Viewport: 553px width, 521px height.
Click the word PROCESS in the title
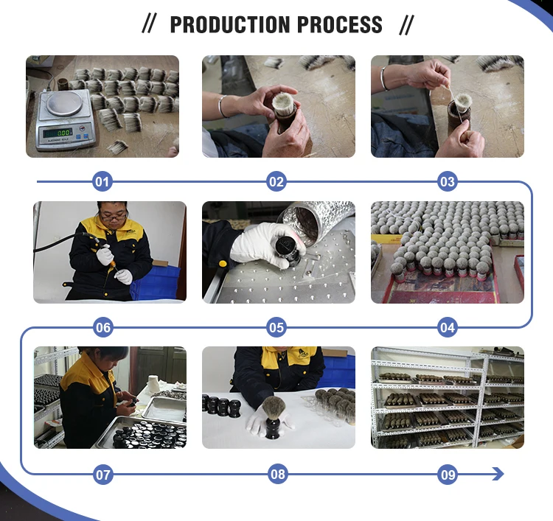pyautogui.click(x=340, y=24)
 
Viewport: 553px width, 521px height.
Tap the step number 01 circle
pyautogui.click(x=102, y=181)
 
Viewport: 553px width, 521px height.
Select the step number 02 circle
pyautogui.click(x=276, y=181)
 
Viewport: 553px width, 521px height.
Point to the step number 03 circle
pyautogui.click(x=448, y=181)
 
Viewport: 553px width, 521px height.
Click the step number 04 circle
pyautogui.click(x=448, y=327)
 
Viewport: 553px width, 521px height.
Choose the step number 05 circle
pyautogui.click(x=276, y=327)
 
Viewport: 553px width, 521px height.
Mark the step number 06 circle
pyautogui.click(x=102, y=327)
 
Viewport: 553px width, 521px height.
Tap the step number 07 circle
pyautogui.click(x=102, y=475)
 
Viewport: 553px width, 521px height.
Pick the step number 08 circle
pyautogui.click(x=277, y=474)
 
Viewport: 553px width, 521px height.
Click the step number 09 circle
pyautogui.click(x=448, y=475)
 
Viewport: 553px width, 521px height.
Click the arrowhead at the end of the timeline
pyautogui.click(x=498, y=474)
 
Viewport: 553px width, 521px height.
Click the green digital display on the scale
pyautogui.click(x=57, y=133)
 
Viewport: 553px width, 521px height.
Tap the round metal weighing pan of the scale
pyautogui.click(x=65, y=103)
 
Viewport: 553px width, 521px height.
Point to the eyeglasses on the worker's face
pyautogui.click(x=114, y=216)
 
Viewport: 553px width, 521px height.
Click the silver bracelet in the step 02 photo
pyautogui.click(x=222, y=106)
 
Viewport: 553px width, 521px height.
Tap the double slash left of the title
pyautogui.click(x=149, y=24)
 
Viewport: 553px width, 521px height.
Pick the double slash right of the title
pyautogui.click(x=406, y=24)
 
